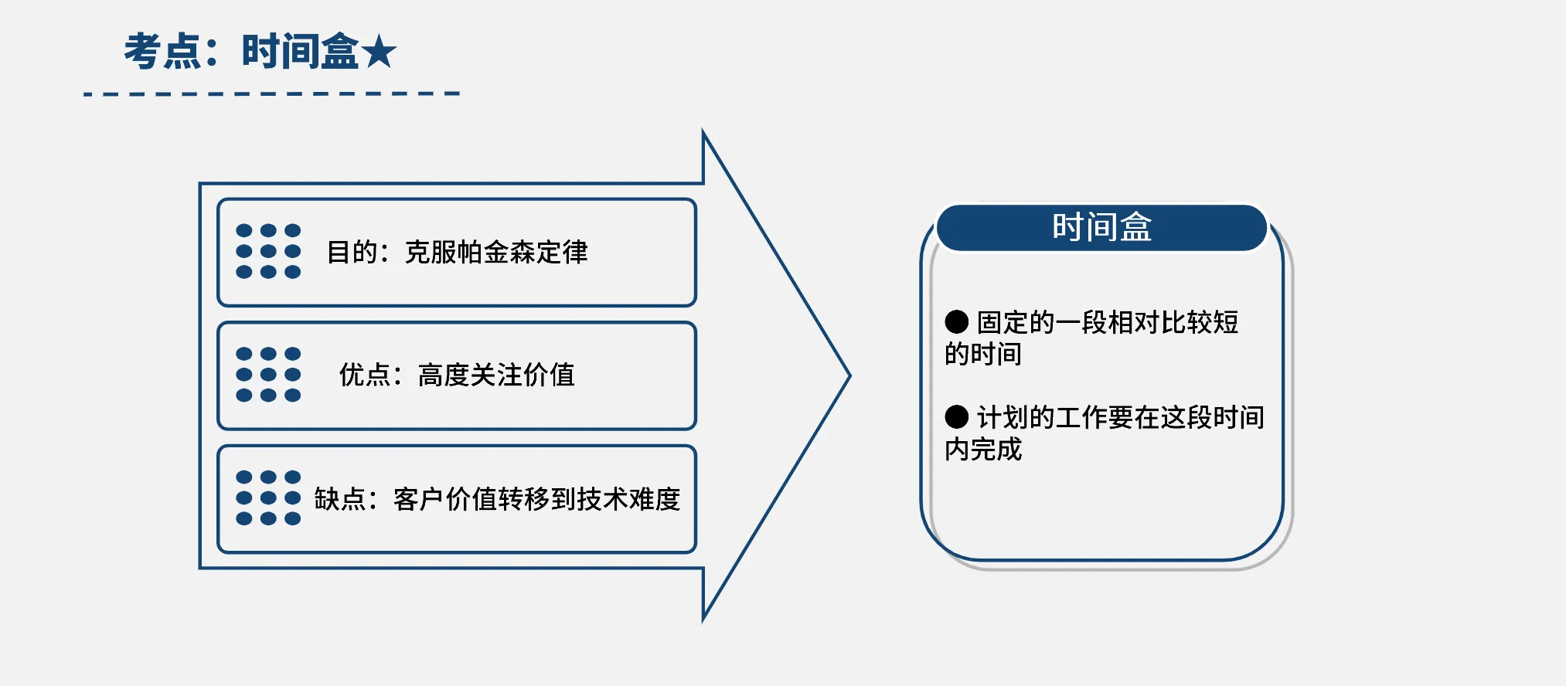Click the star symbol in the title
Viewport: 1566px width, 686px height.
(x=379, y=53)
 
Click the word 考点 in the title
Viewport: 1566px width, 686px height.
(x=163, y=52)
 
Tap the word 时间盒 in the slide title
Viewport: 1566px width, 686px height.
(x=301, y=52)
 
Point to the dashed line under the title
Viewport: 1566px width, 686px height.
(x=272, y=93)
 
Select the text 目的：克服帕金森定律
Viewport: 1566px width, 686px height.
(x=457, y=252)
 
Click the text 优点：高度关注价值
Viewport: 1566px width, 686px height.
(x=457, y=375)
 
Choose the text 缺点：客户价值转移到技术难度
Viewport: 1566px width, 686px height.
(x=497, y=499)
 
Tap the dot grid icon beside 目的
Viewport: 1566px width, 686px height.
(x=268, y=251)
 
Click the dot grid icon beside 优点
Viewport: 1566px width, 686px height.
(x=268, y=375)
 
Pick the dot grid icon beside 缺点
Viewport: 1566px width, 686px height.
(x=268, y=498)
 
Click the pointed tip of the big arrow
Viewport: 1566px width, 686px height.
(x=850, y=376)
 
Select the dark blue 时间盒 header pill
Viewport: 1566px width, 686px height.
(x=1101, y=227)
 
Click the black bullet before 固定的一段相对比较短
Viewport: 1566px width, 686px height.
(x=957, y=321)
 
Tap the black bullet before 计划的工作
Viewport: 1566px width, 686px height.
(x=957, y=417)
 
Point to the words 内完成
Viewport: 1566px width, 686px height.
(x=983, y=449)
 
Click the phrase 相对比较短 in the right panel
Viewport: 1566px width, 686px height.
(x=1173, y=322)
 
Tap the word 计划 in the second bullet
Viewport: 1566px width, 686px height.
(x=1003, y=417)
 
